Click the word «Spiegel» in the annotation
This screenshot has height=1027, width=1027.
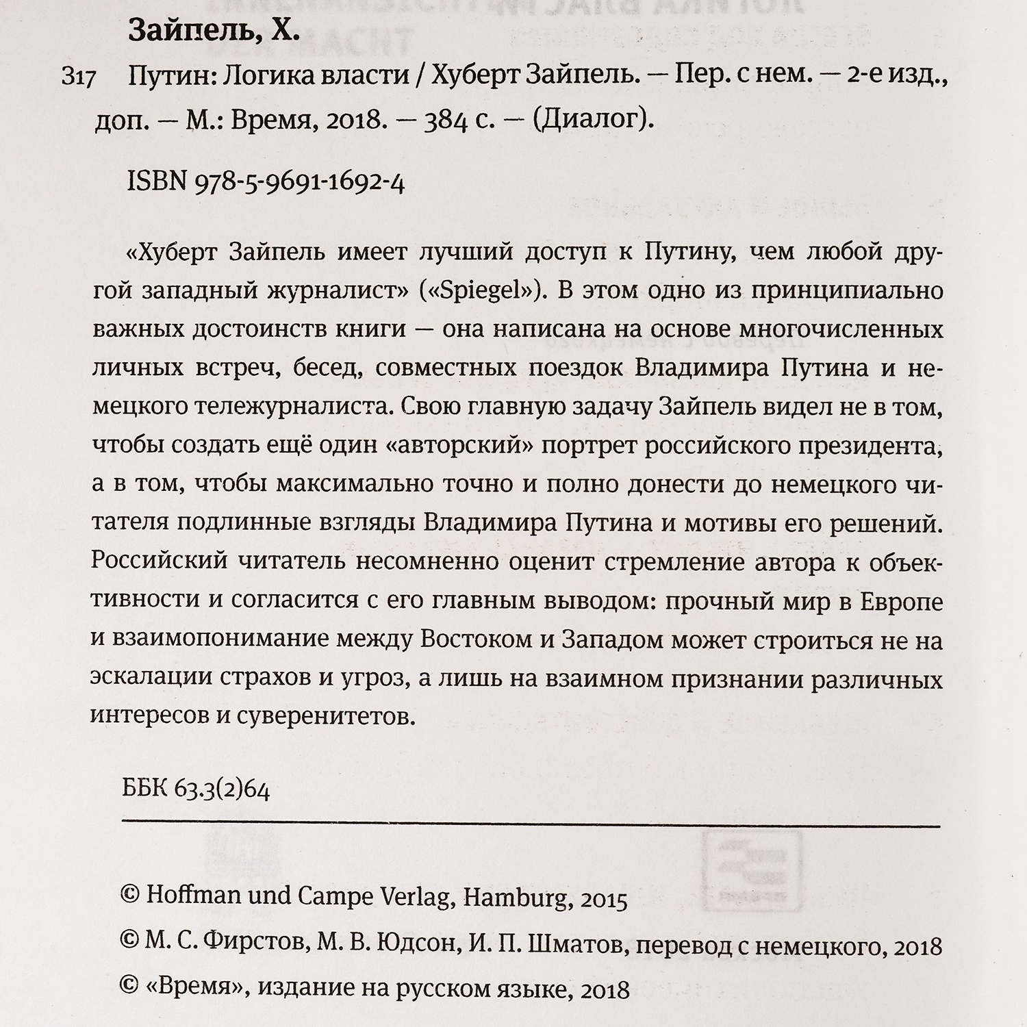[479, 290]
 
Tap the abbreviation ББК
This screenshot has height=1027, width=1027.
[144, 790]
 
